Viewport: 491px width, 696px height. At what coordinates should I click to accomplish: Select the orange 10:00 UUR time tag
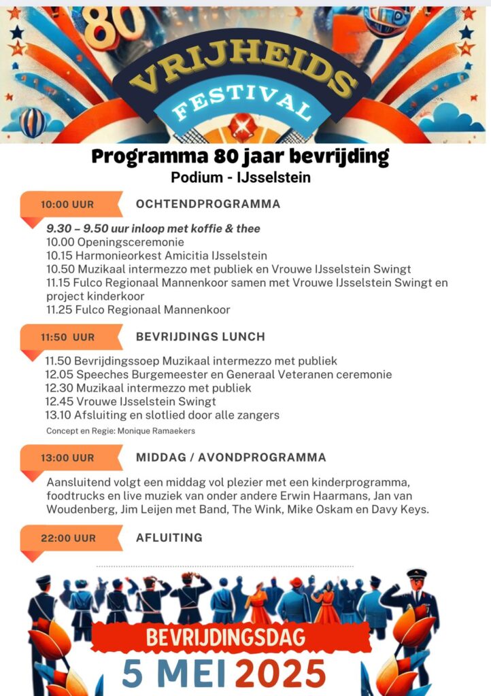[x=68, y=204]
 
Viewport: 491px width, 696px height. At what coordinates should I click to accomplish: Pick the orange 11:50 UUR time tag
[x=68, y=337]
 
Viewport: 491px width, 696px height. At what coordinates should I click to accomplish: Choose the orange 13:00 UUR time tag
[x=68, y=458]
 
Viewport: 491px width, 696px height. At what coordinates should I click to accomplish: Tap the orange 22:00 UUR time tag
[x=68, y=538]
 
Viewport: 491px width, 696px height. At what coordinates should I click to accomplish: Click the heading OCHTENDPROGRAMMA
[x=208, y=204]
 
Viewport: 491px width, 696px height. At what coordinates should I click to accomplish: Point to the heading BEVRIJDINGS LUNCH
[x=201, y=336]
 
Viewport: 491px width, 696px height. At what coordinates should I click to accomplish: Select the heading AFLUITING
[x=169, y=538]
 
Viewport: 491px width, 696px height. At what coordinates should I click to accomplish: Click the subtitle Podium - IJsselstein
[x=241, y=178]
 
